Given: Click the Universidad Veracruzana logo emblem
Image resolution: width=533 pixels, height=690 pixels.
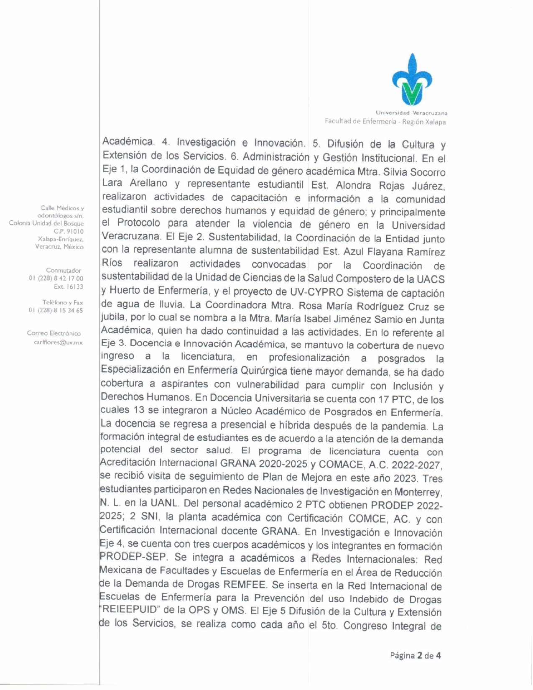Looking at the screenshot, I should click(x=412, y=79).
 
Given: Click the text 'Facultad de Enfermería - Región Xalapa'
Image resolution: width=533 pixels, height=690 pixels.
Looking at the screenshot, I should click(x=385, y=122).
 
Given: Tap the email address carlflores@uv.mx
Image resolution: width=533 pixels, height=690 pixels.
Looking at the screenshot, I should click(x=58, y=342).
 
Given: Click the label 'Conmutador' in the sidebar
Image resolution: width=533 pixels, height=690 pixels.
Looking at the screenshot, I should click(x=64, y=271).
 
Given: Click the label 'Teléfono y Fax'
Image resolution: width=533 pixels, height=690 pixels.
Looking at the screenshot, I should click(x=62, y=302).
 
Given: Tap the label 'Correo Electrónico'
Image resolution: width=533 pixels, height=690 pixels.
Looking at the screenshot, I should click(x=54, y=333).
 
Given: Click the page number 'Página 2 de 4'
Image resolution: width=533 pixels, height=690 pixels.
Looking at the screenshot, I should click(x=415, y=655).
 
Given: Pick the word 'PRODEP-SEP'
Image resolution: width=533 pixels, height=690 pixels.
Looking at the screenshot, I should click(x=133, y=557).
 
